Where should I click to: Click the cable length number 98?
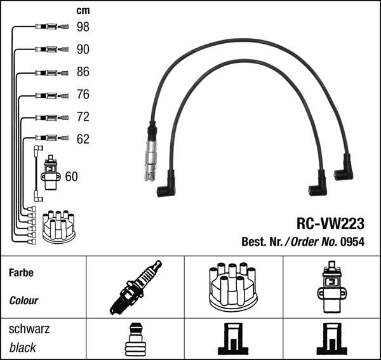(x=83, y=27)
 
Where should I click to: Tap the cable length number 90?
(x=83, y=50)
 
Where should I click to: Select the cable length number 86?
(x=83, y=72)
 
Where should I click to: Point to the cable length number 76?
(x=83, y=95)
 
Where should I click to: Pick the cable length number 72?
(x=83, y=117)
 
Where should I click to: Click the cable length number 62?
(x=83, y=139)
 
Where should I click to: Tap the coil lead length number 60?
(x=72, y=177)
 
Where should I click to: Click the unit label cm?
(x=83, y=10)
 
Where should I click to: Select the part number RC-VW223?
(x=331, y=223)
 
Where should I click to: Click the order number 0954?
(x=352, y=241)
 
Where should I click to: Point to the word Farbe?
(x=21, y=273)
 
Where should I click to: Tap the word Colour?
(x=23, y=300)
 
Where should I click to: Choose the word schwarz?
(x=29, y=330)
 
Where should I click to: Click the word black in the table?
(x=23, y=348)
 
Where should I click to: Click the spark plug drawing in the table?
(x=135, y=287)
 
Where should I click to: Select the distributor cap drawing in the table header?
(x=233, y=287)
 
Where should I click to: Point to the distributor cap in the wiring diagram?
(x=58, y=227)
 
